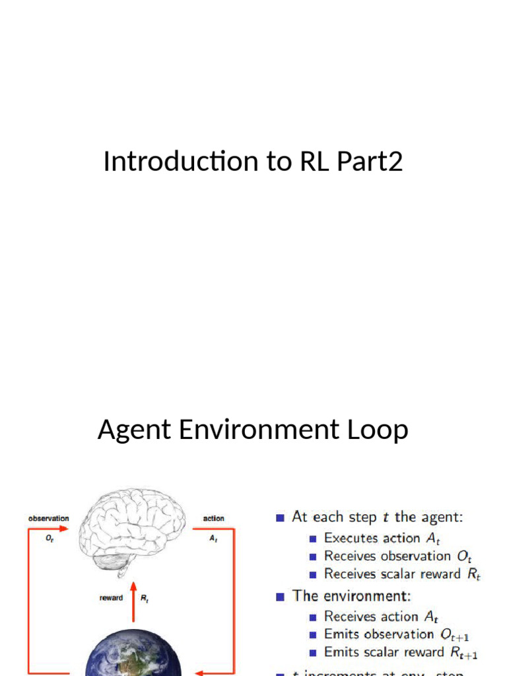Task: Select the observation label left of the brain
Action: (48, 519)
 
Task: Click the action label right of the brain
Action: (213, 519)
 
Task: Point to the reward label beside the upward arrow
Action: (111, 599)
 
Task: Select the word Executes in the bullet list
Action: (351, 538)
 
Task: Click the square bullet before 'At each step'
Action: (281, 518)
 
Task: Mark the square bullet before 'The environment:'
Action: (281, 596)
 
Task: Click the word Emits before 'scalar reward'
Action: (341, 652)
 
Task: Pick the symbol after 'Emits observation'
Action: (454, 635)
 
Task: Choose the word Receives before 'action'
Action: (351, 617)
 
